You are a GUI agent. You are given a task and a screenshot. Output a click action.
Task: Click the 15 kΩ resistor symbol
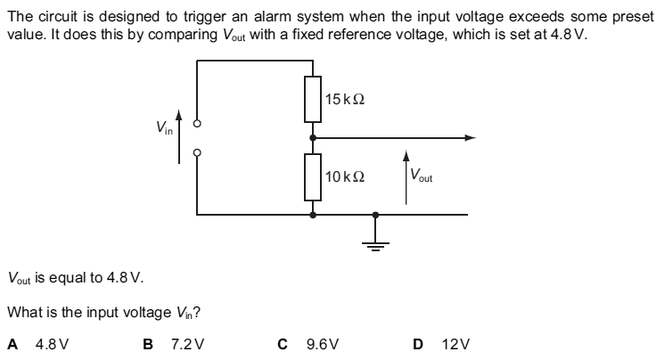[312, 99]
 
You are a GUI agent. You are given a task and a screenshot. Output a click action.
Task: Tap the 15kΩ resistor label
[343, 100]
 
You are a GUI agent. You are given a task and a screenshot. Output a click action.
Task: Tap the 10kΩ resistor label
[343, 176]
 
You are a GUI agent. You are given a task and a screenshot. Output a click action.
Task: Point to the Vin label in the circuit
[165, 127]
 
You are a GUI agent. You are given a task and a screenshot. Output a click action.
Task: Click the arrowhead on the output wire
[469, 138]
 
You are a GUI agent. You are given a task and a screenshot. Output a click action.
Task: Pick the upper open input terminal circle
[197, 124]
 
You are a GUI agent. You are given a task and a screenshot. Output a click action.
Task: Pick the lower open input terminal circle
[197, 151]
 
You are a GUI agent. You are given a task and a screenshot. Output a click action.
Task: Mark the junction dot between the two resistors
[312, 138]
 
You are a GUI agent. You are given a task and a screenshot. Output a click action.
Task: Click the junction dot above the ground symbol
[375, 214]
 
